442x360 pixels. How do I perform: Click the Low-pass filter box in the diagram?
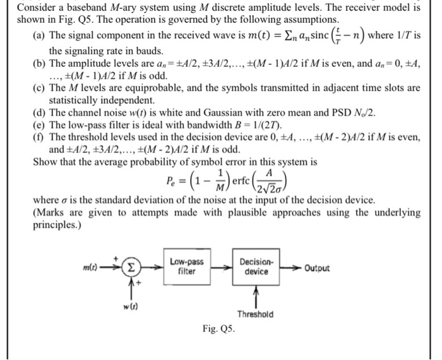coord(186,268)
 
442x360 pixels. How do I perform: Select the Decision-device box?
coord(256,268)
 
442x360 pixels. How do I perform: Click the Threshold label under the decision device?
coord(256,314)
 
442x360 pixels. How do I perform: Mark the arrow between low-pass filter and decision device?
coord(222,268)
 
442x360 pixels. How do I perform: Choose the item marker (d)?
coord(39,112)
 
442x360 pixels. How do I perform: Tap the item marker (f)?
coord(39,136)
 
